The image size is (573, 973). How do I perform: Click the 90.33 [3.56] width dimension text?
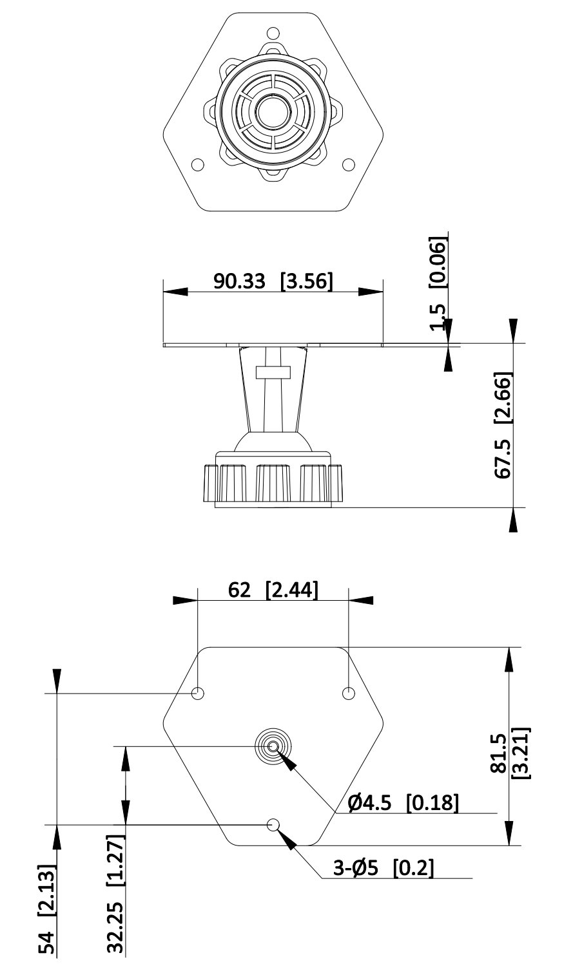click(x=273, y=281)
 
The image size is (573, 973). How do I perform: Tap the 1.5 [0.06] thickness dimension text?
click(x=438, y=283)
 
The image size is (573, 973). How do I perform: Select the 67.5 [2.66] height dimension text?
click(x=503, y=425)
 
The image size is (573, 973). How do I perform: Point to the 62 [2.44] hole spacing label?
click(x=273, y=590)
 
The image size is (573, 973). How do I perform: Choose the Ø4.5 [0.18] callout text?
click(x=403, y=803)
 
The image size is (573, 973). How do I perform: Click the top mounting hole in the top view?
click(x=273, y=33)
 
